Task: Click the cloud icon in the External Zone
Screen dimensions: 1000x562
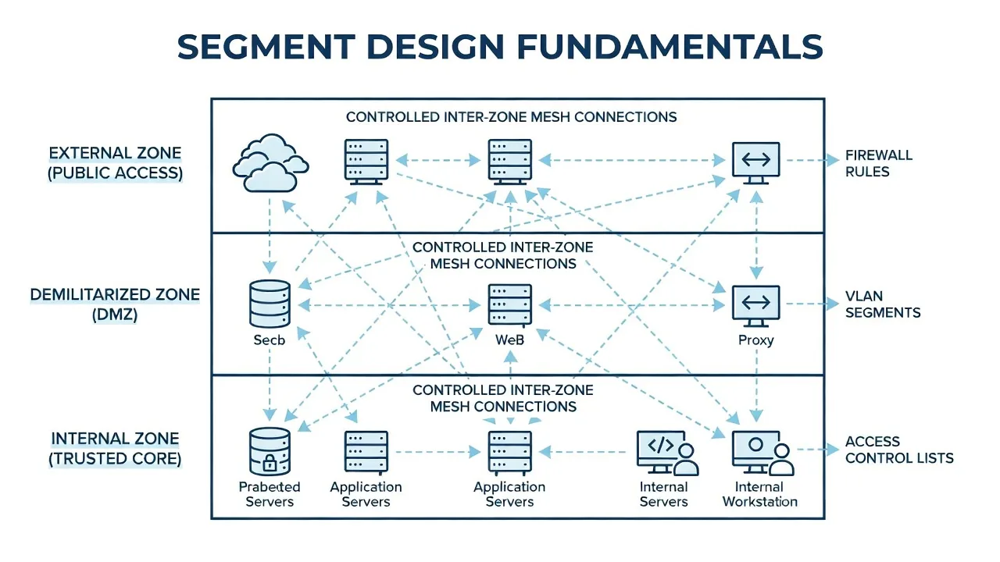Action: (x=270, y=163)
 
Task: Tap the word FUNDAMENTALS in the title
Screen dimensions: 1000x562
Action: (x=670, y=46)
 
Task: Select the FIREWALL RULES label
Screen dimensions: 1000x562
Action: (x=879, y=163)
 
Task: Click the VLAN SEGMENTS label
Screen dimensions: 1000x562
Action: (x=883, y=304)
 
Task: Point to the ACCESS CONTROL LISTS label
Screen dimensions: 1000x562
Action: (x=899, y=450)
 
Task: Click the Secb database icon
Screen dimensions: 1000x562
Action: (x=270, y=304)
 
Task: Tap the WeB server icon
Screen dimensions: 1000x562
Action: (x=510, y=305)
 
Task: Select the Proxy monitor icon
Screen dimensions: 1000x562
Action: (x=755, y=306)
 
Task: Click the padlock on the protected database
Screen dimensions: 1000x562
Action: (x=270, y=463)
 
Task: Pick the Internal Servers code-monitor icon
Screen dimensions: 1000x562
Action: (x=667, y=452)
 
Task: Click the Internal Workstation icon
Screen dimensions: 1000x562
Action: (x=762, y=452)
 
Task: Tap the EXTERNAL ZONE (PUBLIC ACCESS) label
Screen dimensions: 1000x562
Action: (x=115, y=163)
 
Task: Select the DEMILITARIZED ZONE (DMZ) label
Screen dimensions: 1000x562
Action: (x=115, y=304)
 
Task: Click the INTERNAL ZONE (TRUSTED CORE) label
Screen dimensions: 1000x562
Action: (x=115, y=448)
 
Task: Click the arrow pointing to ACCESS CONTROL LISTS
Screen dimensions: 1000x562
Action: (x=818, y=450)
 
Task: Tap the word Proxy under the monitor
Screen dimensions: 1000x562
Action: (x=755, y=340)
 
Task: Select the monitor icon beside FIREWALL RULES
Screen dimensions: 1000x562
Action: (x=755, y=163)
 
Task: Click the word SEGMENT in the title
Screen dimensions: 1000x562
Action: (x=266, y=46)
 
